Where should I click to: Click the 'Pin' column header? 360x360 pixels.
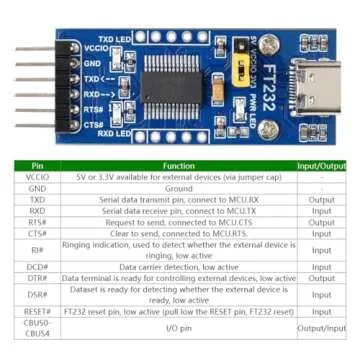(37, 165)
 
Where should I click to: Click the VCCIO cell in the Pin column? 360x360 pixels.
(37, 176)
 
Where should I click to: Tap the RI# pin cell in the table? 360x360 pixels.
(37, 249)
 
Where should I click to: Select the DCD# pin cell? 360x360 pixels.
(37, 267)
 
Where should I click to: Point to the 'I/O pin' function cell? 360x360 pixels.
(178, 329)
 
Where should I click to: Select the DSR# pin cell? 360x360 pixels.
(37, 295)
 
